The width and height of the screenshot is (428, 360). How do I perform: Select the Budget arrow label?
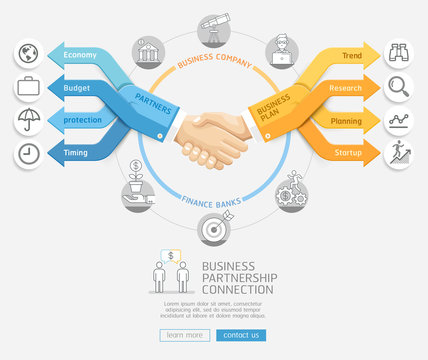tap(77, 88)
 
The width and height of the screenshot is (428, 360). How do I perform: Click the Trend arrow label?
tap(351, 55)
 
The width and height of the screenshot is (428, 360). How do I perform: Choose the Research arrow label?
tap(345, 88)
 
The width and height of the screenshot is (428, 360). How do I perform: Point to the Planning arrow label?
tap(347, 121)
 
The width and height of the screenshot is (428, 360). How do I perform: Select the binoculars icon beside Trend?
tap(398, 54)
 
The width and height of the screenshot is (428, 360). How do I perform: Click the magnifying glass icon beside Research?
tap(398, 88)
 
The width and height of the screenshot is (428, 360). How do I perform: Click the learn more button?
tap(184, 335)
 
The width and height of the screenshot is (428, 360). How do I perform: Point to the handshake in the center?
tap(212, 138)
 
